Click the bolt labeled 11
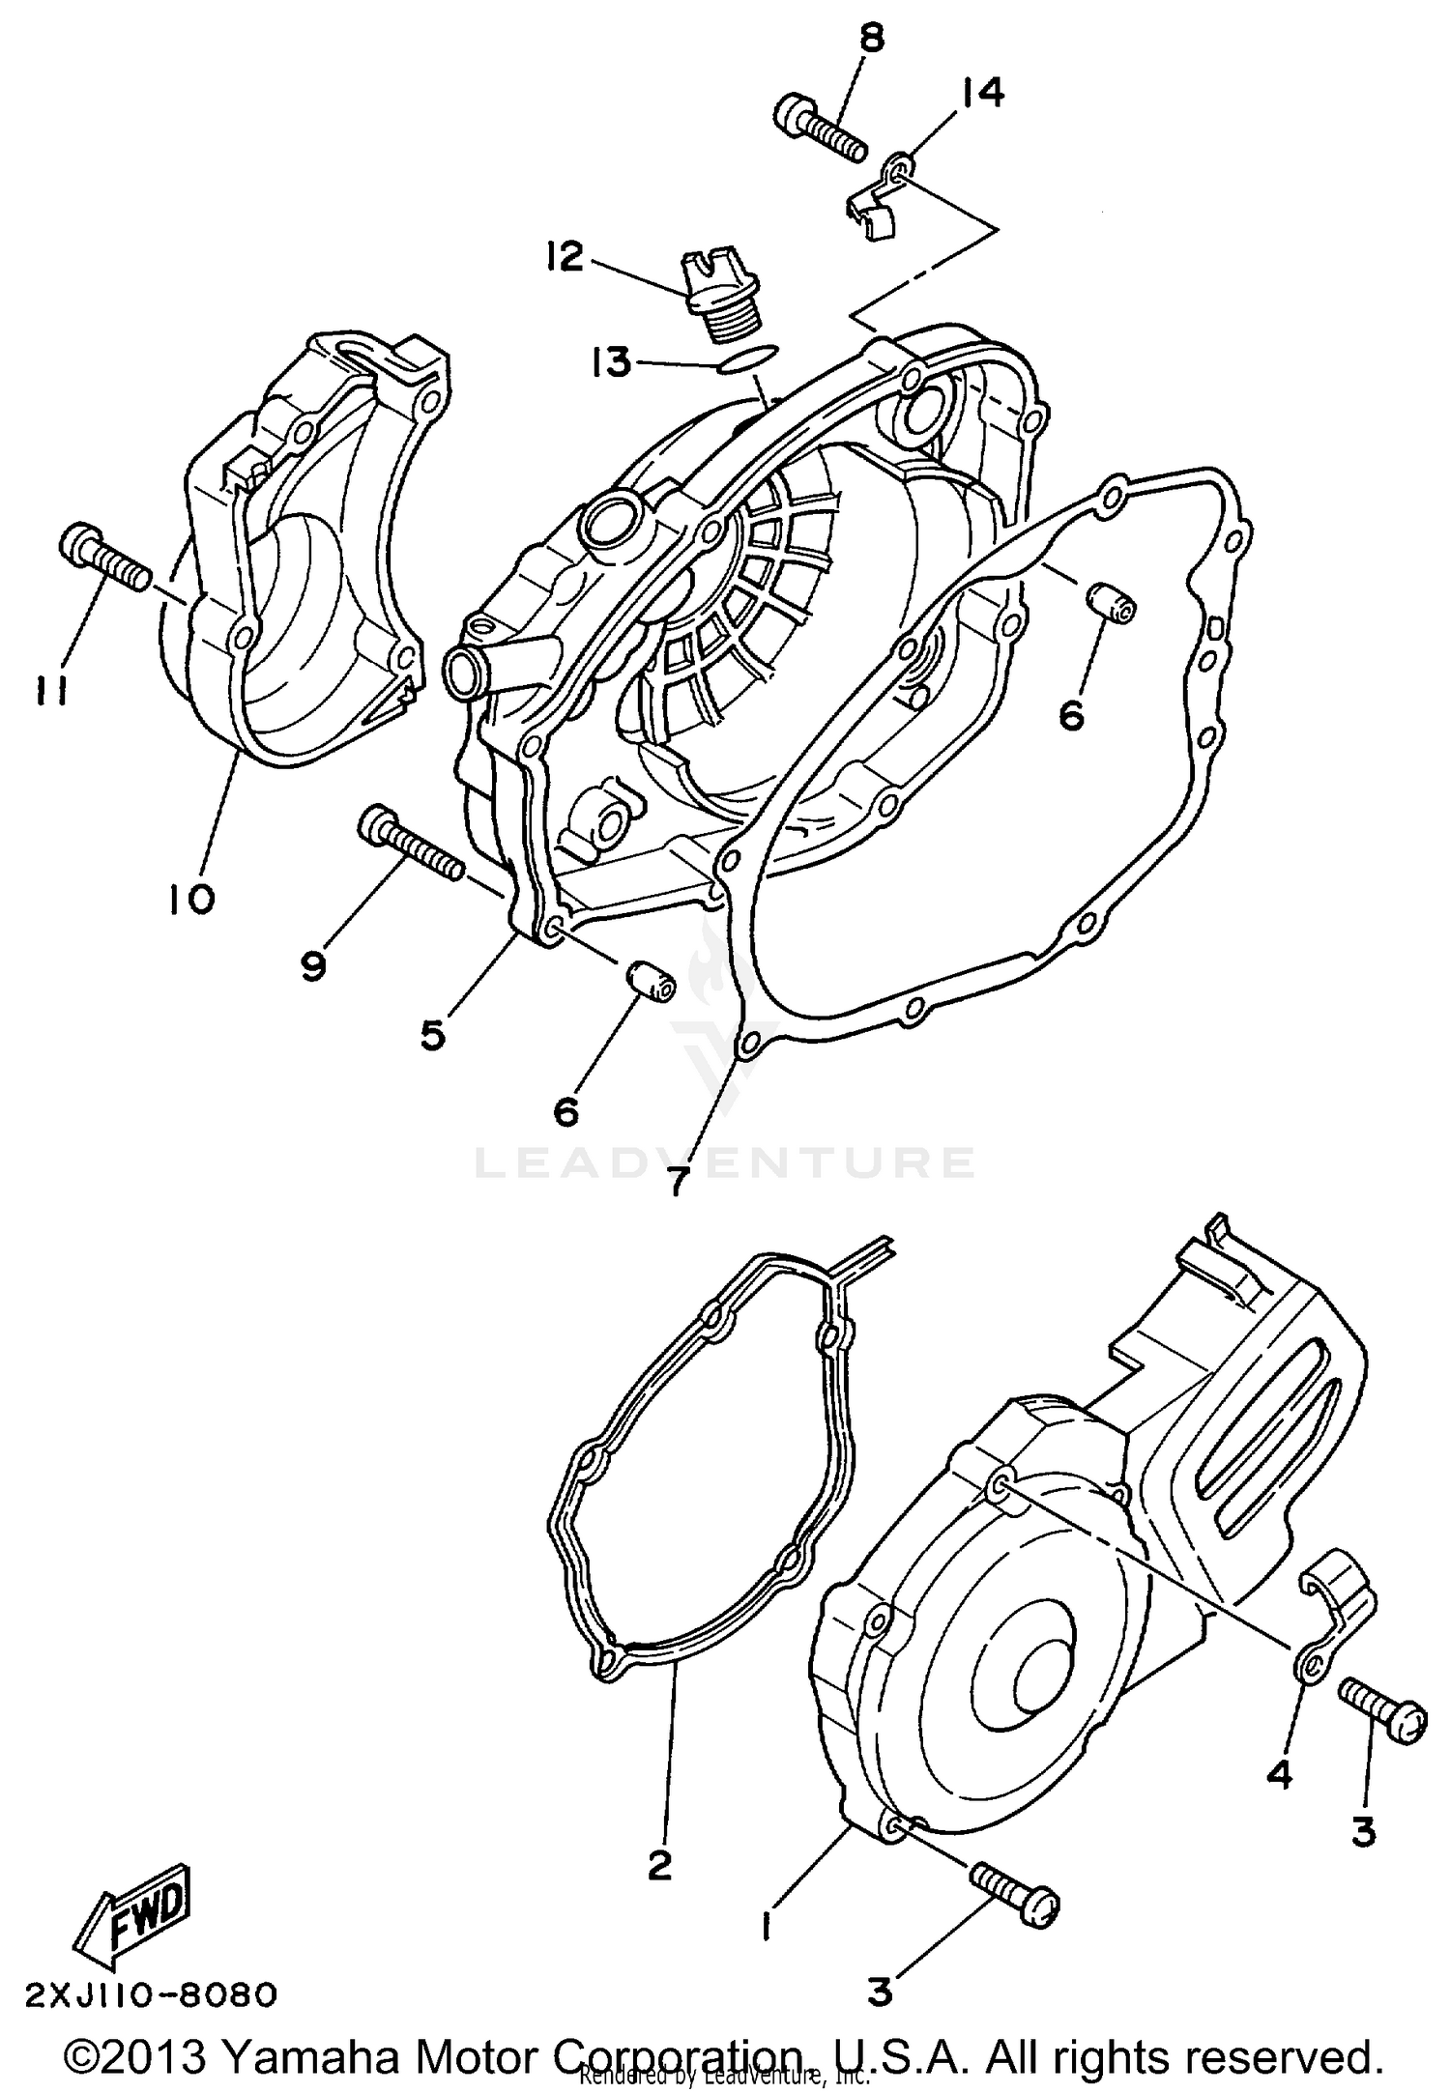point(104,559)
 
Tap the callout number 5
point(432,1034)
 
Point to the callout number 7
point(676,1180)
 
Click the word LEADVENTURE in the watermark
point(724,1162)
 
